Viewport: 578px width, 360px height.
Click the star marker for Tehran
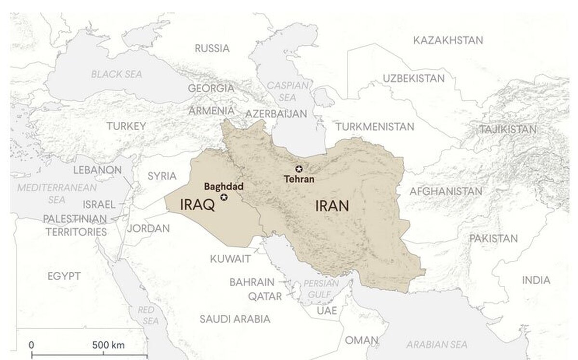(299, 168)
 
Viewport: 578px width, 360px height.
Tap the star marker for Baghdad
(223, 197)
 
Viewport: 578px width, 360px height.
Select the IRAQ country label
(197, 205)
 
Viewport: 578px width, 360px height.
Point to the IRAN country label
(332, 206)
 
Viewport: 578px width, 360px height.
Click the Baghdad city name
(223, 187)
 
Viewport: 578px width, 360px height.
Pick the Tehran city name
(299, 179)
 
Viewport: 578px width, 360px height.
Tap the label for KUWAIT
(230, 259)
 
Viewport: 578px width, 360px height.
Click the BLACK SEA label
(117, 74)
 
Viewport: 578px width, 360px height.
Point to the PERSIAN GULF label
(318, 287)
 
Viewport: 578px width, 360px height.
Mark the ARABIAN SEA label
(436, 344)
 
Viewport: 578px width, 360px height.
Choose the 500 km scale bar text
(108, 345)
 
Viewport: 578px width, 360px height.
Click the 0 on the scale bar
(31, 345)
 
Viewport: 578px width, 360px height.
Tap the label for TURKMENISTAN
(375, 127)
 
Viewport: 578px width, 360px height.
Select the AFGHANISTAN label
(446, 191)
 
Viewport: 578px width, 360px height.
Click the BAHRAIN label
(251, 282)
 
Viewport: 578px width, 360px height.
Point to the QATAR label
(265, 296)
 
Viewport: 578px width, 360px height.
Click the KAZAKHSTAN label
(447, 40)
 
